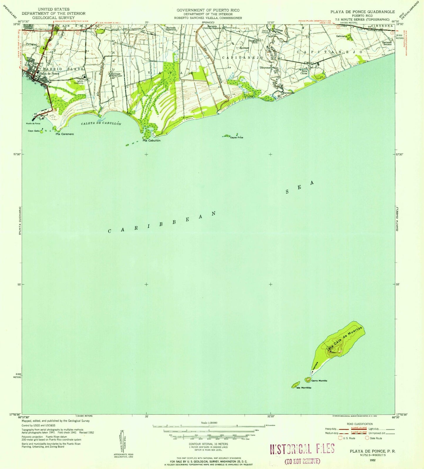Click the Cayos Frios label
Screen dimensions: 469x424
pyautogui.click(x=237, y=138)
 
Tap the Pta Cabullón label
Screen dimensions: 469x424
pyautogui.click(x=151, y=141)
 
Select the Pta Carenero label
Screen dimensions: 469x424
pyautogui.click(x=65, y=134)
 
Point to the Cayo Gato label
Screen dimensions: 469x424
pyautogui.click(x=33, y=131)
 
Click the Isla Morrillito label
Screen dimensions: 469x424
pyautogui.click(x=304, y=388)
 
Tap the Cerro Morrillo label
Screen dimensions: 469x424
pyautogui.click(x=319, y=381)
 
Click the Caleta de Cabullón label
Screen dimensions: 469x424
pyautogui.click(x=101, y=124)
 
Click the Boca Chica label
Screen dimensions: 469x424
pyautogui.click(x=303, y=72)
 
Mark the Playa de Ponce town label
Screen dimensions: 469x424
pyautogui.click(x=49, y=74)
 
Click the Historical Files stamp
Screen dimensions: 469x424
pyautogui.click(x=302, y=449)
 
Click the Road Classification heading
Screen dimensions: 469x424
pyautogui.click(x=359, y=424)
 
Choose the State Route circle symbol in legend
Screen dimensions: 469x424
pyautogui.click(x=367, y=438)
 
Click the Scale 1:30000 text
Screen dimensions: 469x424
pyautogui.click(x=209, y=423)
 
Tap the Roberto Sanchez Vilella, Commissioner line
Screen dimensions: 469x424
pyautogui.click(x=208, y=18)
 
